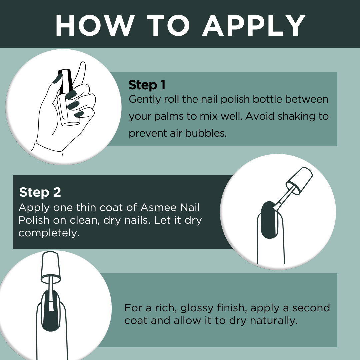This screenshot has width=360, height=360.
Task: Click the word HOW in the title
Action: pyautogui.click(x=95, y=25)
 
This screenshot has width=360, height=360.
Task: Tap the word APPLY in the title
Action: pyautogui.click(x=254, y=25)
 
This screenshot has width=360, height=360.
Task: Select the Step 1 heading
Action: pyautogui.click(x=147, y=85)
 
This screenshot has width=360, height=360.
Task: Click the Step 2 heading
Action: pyautogui.click(x=40, y=192)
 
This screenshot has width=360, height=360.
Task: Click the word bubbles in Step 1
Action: pyautogui.click(x=206, y=133)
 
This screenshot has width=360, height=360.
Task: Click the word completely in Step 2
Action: pyautogui.click(x=49, y=233)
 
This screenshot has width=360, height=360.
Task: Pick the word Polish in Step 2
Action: pyautogui.click(x=34, y=220)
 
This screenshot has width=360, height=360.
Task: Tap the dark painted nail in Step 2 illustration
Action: pyautogui.click(x=269, y=220)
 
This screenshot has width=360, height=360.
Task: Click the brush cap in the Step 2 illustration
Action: pyautogui.click(x=299, y=181)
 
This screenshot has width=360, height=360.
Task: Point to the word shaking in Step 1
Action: pyautogui.click(x=296, y=117)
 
